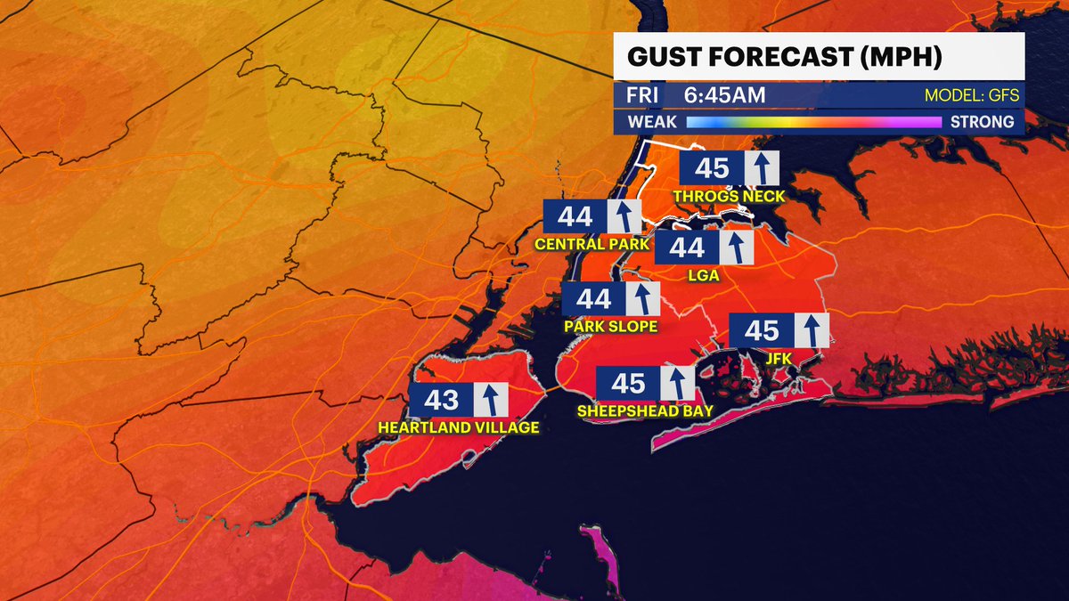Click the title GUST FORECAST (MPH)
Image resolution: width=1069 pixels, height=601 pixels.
pos(785,58)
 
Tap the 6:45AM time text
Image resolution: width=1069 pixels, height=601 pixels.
pos(726,95)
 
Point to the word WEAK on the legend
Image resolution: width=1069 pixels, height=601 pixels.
pos(652,122)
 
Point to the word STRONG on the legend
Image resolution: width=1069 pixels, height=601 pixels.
pos(980,122)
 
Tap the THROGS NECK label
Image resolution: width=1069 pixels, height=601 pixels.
pos(730,196)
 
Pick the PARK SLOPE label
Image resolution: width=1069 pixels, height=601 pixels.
pos(610,327)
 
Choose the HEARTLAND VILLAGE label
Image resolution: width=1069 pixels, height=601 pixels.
pos(459,427)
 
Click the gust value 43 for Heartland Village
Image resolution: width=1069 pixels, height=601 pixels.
pos(440,400)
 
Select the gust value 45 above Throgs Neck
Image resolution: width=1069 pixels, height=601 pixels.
pos(711,167)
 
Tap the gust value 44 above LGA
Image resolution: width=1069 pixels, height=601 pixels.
pos(687,248)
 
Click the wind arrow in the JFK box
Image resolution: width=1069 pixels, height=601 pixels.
pos(811,330)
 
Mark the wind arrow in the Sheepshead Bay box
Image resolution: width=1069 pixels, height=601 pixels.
pos(677,384)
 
